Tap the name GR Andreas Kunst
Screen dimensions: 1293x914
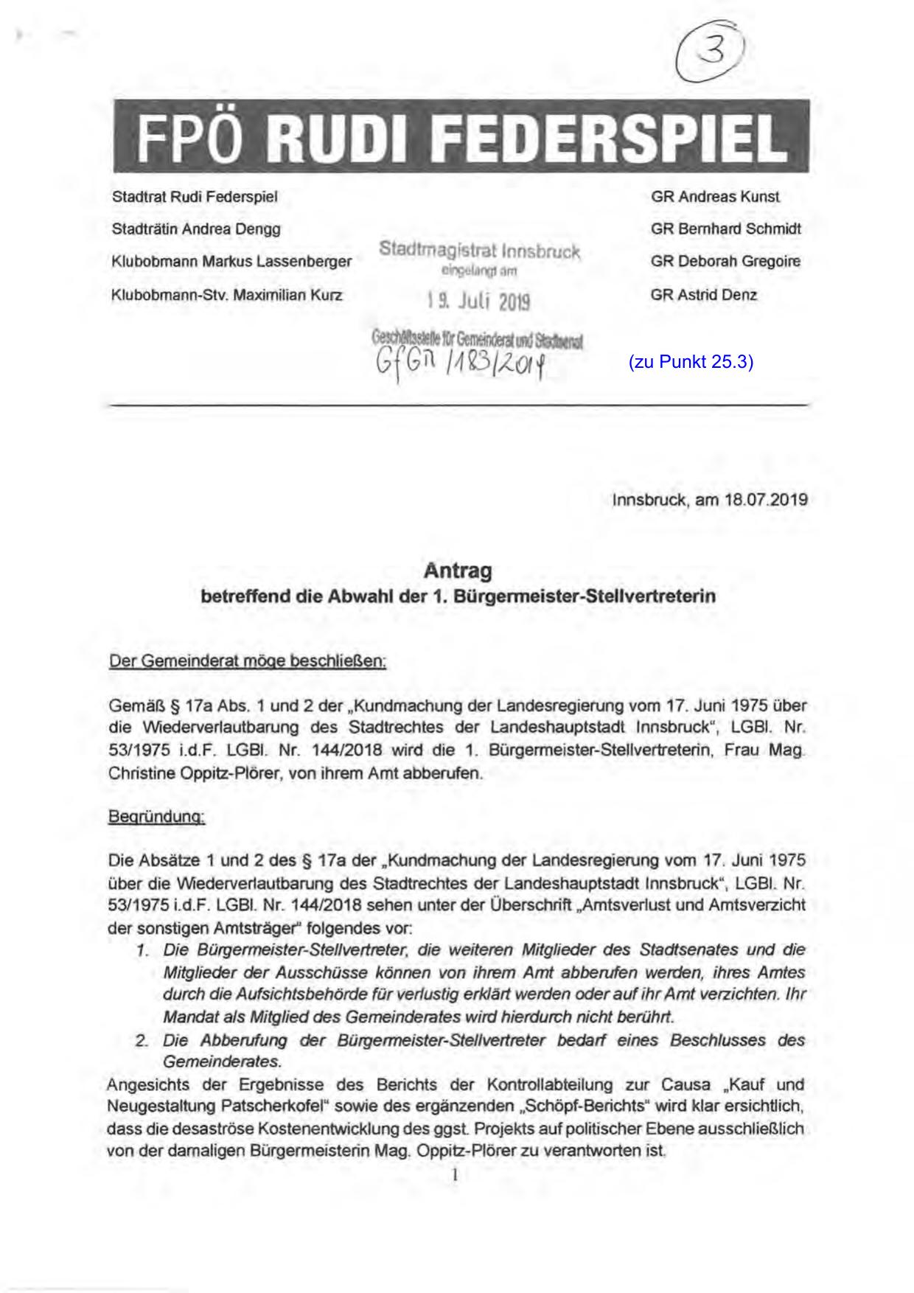(715, 197)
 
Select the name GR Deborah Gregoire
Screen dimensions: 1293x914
(725, 261)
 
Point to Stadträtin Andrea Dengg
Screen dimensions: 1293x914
(196, 229)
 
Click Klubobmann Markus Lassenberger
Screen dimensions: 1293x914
(231, 261)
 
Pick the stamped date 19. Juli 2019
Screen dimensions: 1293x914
(478, 302)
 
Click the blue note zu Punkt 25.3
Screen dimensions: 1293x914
(691, 362)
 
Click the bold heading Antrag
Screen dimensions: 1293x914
(458, 571)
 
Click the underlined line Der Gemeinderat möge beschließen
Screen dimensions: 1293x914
(247, 661)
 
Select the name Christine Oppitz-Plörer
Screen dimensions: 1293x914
(194, 774)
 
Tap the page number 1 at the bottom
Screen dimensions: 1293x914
(456, 1175)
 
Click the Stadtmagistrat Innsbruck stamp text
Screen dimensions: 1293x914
(480, 250)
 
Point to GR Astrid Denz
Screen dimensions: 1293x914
(703, 295)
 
